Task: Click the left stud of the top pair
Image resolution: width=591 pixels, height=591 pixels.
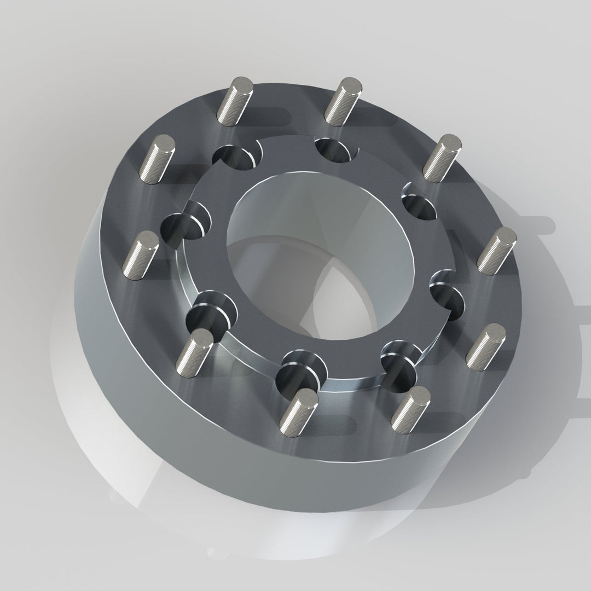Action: (234, 101)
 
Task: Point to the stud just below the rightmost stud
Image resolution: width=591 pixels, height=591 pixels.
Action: (485, 345)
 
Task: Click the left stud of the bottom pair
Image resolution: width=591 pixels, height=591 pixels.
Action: (298, 408)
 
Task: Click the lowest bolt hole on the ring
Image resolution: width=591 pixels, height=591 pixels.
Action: (298, 372)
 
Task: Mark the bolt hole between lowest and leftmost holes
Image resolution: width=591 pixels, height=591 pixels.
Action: (211, 315)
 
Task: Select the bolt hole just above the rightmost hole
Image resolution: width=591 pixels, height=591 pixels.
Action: (418, 205)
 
